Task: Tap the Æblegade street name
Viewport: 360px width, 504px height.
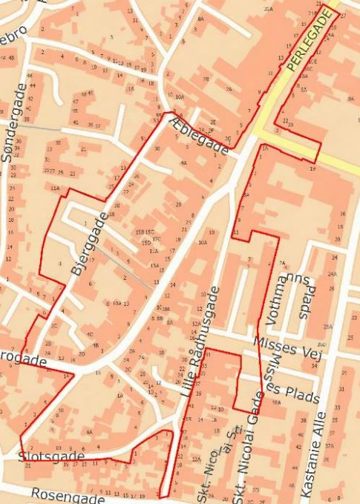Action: (198, 137)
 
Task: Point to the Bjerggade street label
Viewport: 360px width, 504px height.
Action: (89, 244)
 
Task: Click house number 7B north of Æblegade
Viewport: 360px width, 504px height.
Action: (206, 79)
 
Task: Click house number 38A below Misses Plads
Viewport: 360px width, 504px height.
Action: (276, 402)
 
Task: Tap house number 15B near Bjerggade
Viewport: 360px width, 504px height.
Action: (139, 232)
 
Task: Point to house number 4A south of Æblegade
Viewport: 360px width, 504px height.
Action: (183, 162)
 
